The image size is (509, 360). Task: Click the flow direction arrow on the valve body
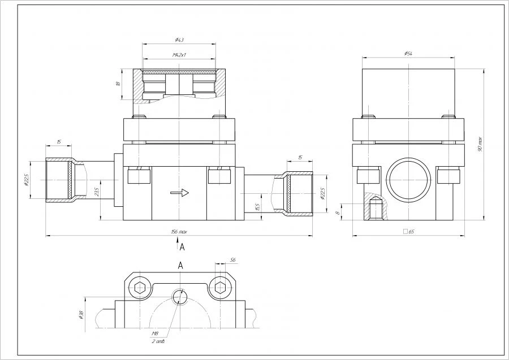pyautogui.click(x=179, y=193)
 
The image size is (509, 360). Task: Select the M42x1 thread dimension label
pyautogui.click(x=179, y=55)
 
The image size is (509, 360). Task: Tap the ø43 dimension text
pyautogui.click(x=179, y=40)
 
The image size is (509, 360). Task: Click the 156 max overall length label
pyautogui.click(x=179, y=232)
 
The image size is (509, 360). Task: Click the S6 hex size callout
pyautogui.click(x=232, y=260)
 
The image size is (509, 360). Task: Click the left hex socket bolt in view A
pyautogui.click(x=140, y=287)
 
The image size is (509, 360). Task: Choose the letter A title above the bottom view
pyautogui.click(x=180, y=264)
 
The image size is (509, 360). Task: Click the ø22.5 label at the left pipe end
pyautogui.click(x=32, y=180)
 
